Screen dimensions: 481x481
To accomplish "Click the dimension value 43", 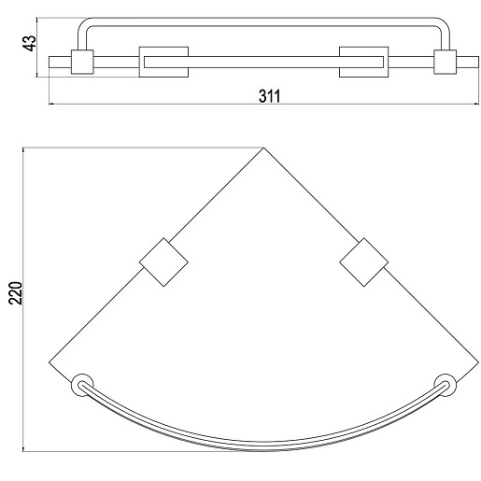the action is pyautogui.click(x=30, y=43).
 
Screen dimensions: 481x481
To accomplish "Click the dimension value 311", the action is pyautogui.click(x=270, y=96).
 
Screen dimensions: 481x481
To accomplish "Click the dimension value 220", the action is pyautogui.click(x=16, y=292).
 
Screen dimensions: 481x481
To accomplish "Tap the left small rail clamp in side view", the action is pyautogui.click(x=82, y=62).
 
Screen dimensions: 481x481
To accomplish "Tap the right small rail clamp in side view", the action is pyautogui.click(x=445, y=62).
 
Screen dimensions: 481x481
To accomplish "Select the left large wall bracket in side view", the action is pyautogui.click(x=163, y=62).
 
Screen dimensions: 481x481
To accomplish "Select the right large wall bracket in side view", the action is pyautogui.click(x=363, y=62).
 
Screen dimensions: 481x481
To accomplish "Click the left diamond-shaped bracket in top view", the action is pyautogui.click(x=163, y=262).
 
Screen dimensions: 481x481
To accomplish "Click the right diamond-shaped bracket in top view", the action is pyautogui.click(x=363, y=262).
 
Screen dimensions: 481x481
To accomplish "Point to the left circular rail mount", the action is pyautogui.click(x=82, y=385).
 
